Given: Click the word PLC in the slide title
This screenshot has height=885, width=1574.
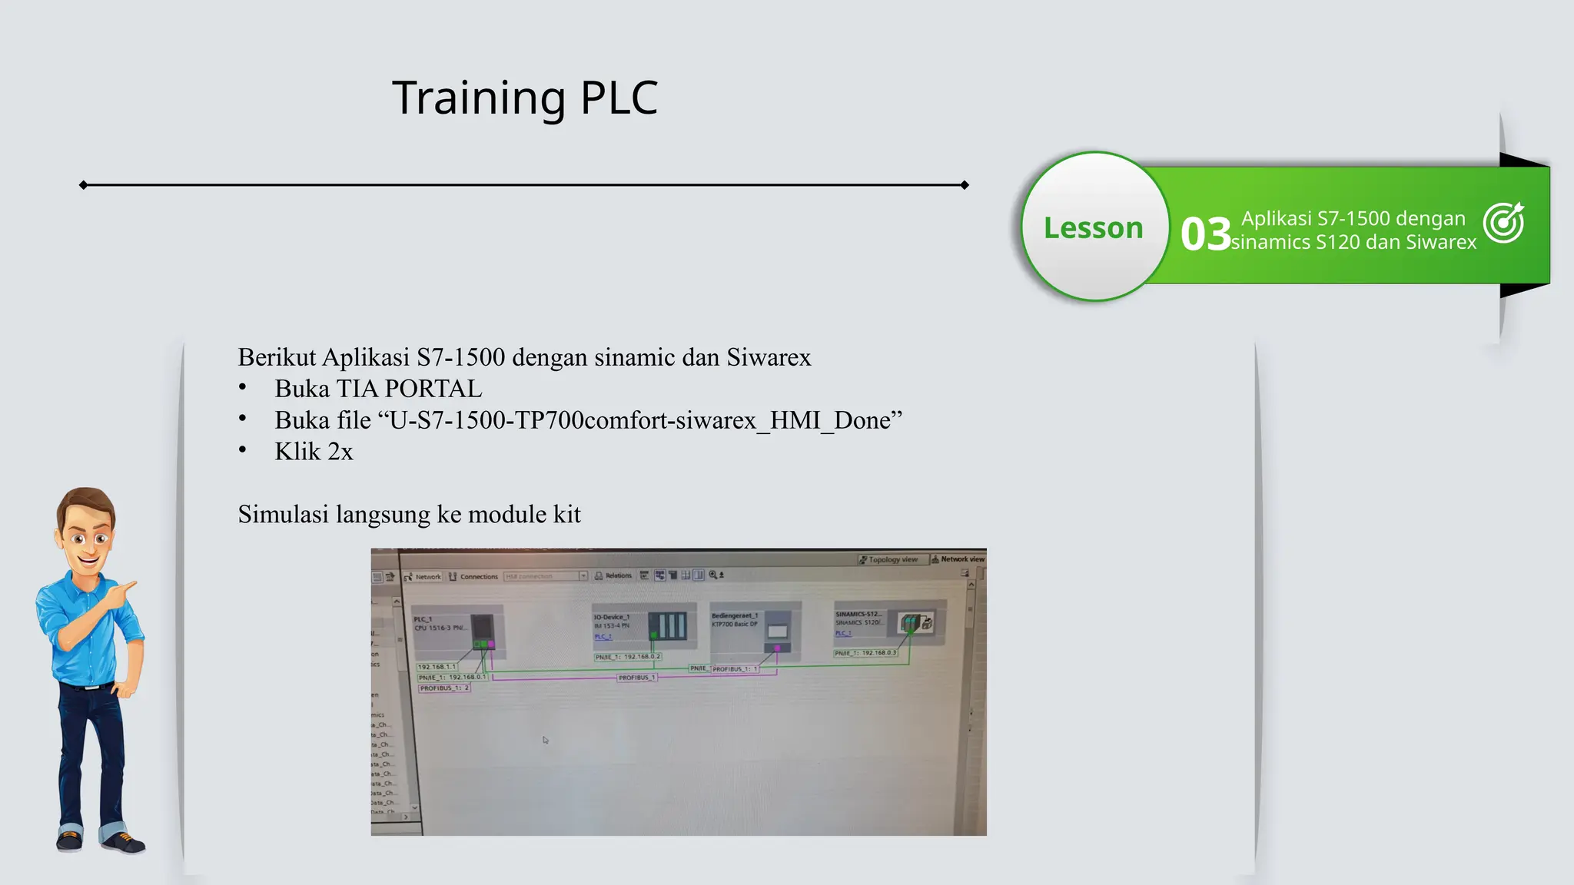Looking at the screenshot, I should [619, 98].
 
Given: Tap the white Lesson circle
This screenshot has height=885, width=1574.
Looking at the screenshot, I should [1094, 227].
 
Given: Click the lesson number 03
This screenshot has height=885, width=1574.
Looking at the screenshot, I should [1205, 234].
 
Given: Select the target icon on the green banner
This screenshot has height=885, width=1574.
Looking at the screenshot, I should [1503, 223].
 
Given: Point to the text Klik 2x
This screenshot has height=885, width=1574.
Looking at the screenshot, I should [314, 452].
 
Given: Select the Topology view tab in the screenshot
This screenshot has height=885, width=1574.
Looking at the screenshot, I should [889, 559].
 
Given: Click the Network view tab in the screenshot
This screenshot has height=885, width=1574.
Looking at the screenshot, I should [958, 559].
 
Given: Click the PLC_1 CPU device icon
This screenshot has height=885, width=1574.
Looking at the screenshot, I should [483, 631].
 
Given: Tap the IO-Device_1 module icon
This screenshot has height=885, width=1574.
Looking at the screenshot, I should [666, 625].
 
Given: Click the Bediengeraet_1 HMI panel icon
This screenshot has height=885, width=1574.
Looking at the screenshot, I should [777, 630].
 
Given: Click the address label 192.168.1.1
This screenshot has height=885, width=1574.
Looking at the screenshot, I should [437, 667].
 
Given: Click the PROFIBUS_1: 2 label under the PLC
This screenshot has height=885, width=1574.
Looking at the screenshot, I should [443, 688].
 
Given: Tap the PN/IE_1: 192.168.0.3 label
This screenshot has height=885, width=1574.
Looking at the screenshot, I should [865, 653].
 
